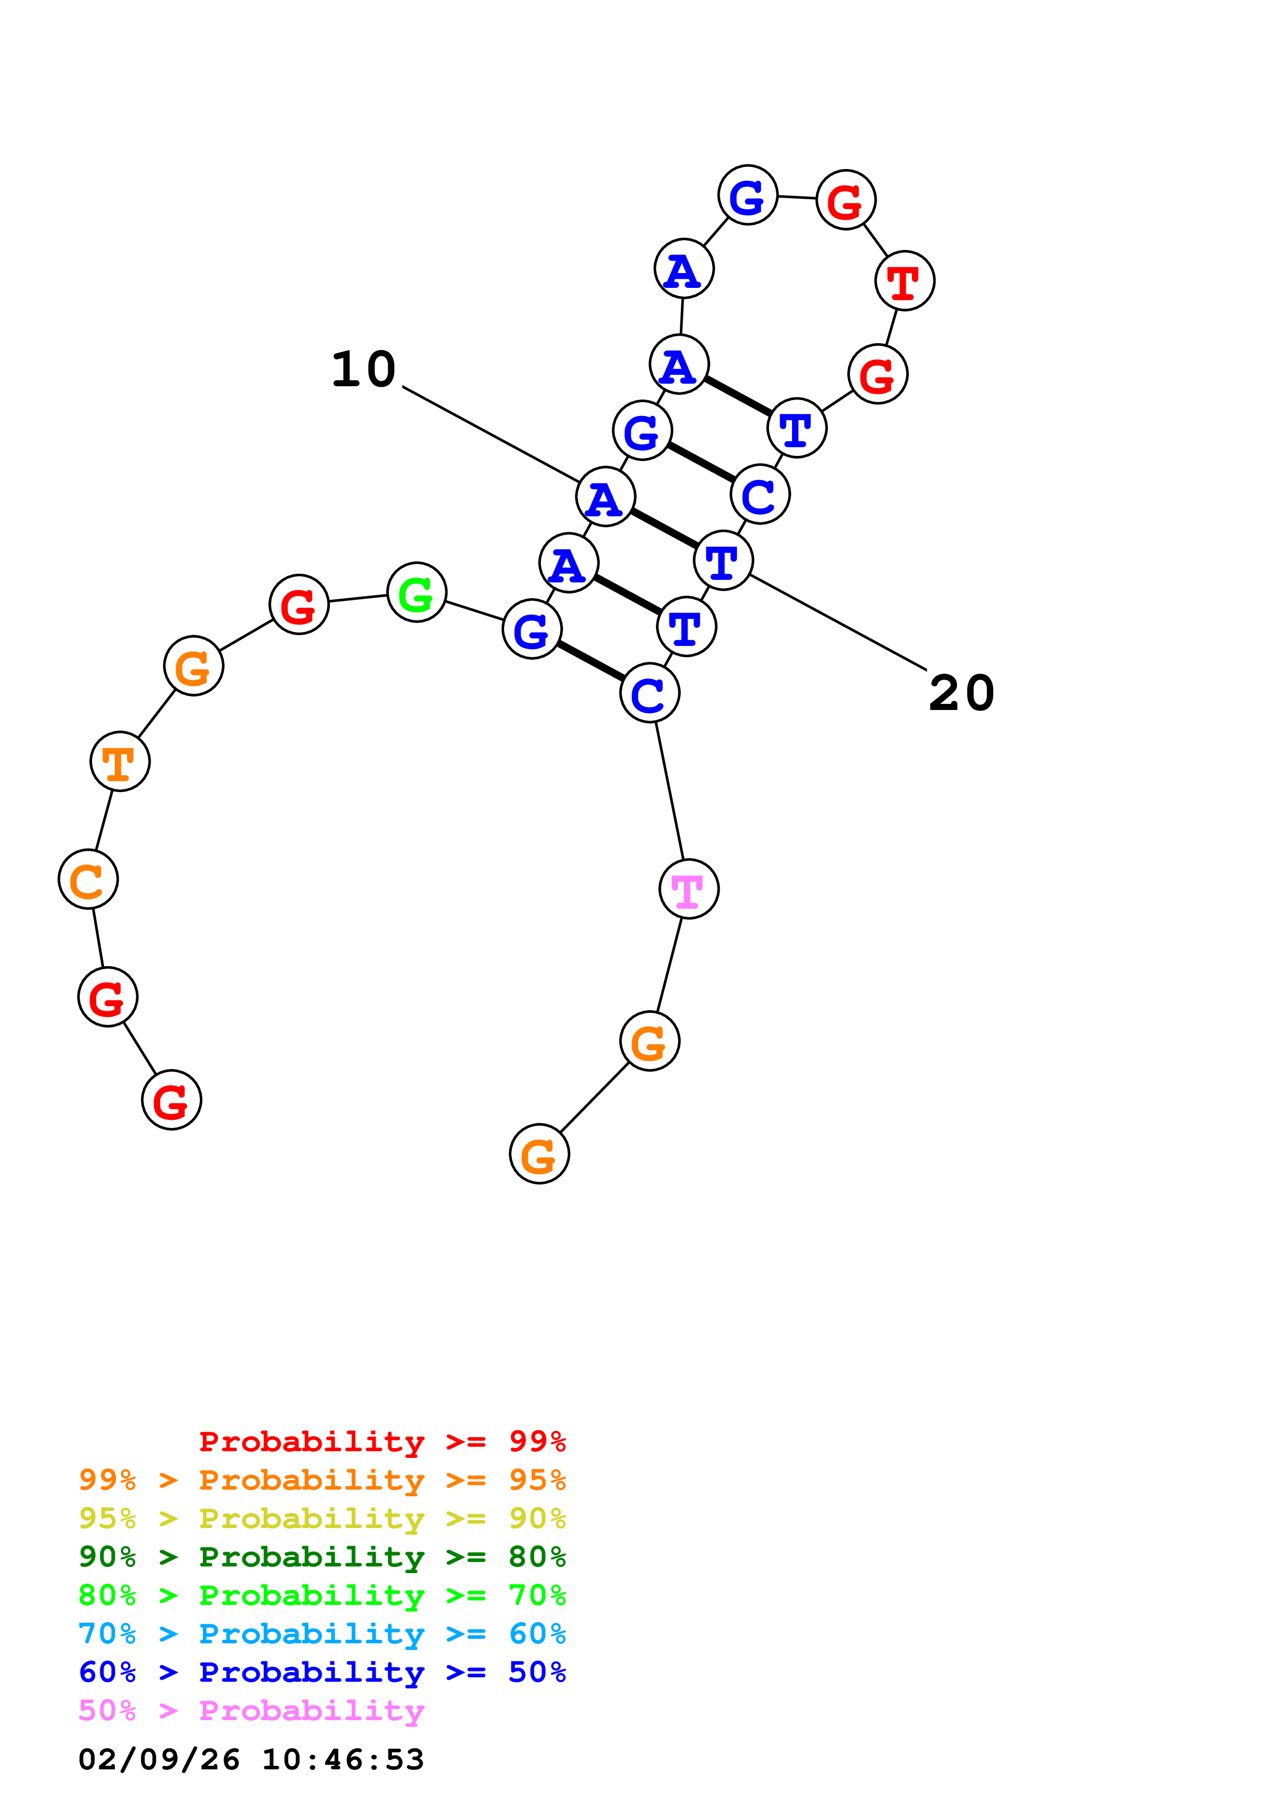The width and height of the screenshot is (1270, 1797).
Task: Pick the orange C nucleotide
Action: pos(88,879)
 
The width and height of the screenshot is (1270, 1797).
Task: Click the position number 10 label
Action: pos(363,369)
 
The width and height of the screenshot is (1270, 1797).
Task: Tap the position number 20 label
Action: pos(961,694)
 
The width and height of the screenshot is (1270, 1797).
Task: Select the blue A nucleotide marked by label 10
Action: pos(605,496)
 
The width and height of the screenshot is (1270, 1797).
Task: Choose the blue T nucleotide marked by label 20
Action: pos(723,560)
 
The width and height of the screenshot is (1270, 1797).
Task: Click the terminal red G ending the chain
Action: pos(172,1100)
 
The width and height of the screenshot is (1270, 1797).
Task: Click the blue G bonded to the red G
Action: pos(747,195)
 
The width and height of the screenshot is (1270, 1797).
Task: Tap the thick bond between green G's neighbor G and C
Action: pos(591,661)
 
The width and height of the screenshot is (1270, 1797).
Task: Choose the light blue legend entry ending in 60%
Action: pos(322,1634)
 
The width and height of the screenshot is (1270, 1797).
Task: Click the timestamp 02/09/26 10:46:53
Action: pos(251,1760)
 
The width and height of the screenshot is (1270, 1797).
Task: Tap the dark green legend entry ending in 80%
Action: pos(322,1557)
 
